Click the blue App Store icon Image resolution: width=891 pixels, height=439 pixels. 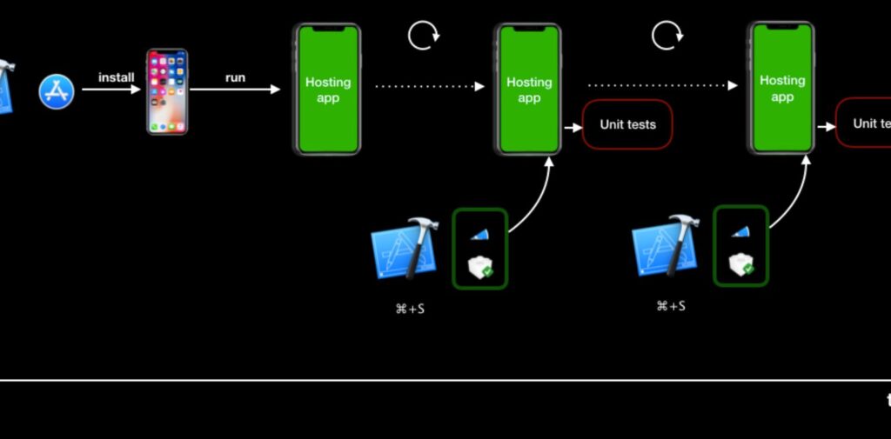tap(57, 91)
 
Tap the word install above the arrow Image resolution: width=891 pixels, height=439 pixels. tap(116, 77)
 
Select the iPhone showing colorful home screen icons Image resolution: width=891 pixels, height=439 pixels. tap(166, 91)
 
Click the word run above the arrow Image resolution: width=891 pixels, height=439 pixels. tap(235, 77)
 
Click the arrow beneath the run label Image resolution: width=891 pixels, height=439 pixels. tap(235, 90)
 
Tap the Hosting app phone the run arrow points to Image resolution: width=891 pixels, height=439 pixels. tap(327, 90)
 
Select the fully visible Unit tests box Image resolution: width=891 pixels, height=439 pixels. tap(627, 124)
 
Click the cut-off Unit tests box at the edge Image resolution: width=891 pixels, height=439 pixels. tap(865, 123)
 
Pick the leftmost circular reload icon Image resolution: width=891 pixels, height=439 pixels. tap(424, 36)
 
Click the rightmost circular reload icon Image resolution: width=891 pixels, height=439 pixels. tap(667, 36)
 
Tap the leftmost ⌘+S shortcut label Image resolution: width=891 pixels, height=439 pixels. tap(410, 309)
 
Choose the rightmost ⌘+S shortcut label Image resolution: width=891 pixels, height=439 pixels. tap(671, 306)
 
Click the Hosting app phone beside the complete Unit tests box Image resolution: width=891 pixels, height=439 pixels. tap(528, 90)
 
